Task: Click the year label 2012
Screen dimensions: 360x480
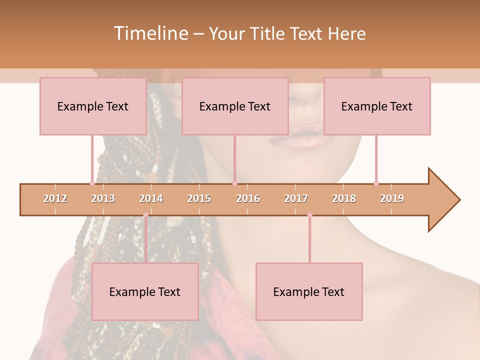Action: pyautogui.click(x=55, y=198)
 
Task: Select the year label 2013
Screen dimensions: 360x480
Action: pyautogui.click(x=103, y=198)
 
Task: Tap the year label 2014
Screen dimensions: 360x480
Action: pyautogui.click(x=151, y=198)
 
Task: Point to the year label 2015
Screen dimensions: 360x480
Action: pyautogui.click(x=199, y=198)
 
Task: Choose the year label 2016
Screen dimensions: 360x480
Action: pyautogui.click(x=248, y=198)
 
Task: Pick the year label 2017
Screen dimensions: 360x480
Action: pyautogui.click(x=296, y=198)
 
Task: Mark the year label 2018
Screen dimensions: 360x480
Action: pyautogui.click(x=344, y=198)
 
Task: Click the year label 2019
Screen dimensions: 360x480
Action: pyautogui.click(x=392, y=198)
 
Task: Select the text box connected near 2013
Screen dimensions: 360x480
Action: pyautogui.click(x=93, y=106)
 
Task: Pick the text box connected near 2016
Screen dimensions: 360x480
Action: pyautogui.click(x=235, y=106)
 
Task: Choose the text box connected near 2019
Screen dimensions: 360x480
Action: pyautogui.click(x=377, y=106)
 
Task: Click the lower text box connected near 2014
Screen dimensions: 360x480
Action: pyautogui.click(x=145, y=291)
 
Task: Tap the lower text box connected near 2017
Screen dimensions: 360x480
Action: pyautogui.click(x=309, y=291)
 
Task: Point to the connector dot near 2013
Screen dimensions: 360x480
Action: pyautogui.click(x=92, y=183)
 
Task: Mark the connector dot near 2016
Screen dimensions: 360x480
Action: pyautogui.click(x=234, y=183)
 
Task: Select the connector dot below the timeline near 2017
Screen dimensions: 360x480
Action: pyautogui.click(x=309, y=215)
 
